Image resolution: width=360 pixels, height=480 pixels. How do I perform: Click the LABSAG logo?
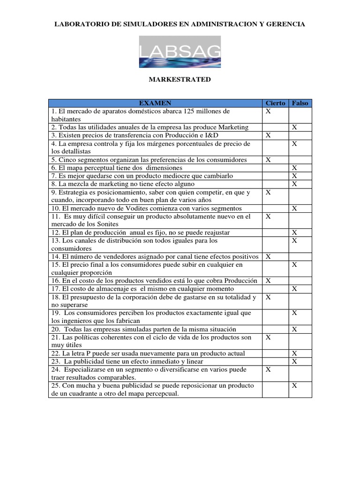pyautogui.click(x=180, y=52)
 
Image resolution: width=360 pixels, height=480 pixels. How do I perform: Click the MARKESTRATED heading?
pyautogui.click(x=180, y=80)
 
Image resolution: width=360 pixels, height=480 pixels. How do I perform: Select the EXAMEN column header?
pyautogui.click(x=155, y=103)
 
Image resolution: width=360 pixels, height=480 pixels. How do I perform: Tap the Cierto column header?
pyautogui.click(x=275, y=103)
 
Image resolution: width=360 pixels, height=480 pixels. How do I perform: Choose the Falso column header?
pyautogui.click(x=300, y=103)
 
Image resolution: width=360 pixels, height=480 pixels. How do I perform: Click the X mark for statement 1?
pyautogui.click(x=268, y=112)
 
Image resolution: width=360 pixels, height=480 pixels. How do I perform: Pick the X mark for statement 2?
pyautogui.click(x=294, y=127)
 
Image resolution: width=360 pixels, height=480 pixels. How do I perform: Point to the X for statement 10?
pyautogui.click(x=294, y=208)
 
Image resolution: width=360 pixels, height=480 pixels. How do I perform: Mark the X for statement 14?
pyautogui.click(x=268, y=257)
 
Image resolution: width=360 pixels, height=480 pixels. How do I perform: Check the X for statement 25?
pyautogui.click(x=294, y=386)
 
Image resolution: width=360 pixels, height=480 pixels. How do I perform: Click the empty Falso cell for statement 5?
pyautogui.click(x=300, y=160)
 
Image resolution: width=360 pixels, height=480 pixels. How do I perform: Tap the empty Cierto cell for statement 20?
pyautogui.click(x=275, y=330)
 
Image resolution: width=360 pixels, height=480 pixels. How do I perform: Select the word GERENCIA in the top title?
pyautogui.click(x=285, y=24)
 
